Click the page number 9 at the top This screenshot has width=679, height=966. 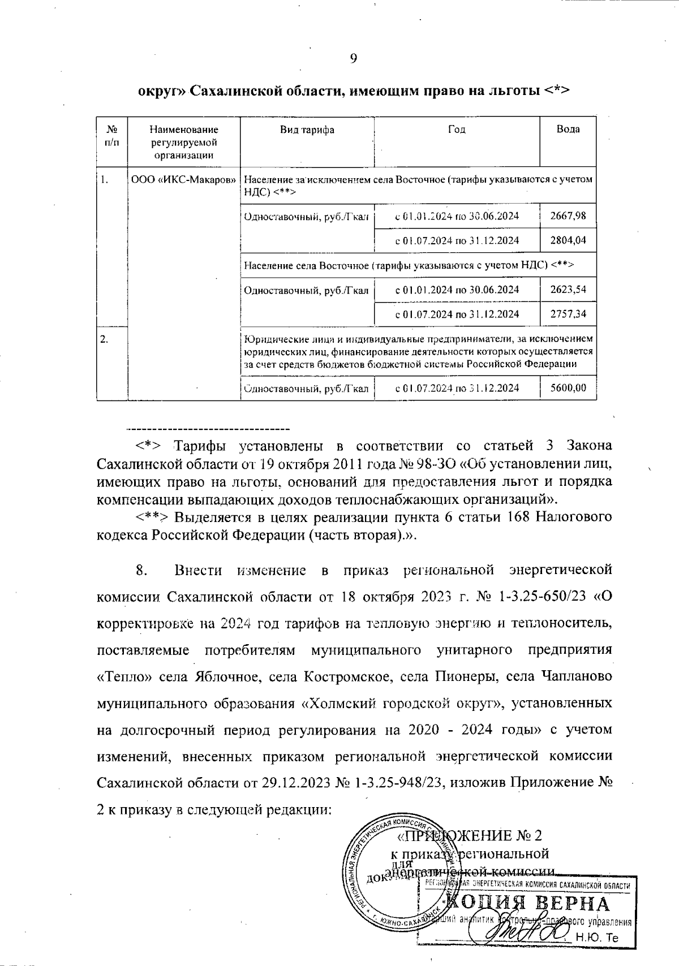click(x=353, y=58)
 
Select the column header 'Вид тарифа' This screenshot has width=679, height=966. click(x=307, y=130)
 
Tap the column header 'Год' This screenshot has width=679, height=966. click(x=457, y=130)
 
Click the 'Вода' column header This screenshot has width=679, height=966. click(x=568, y=130)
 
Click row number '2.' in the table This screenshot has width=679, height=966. click(x=104, y=339)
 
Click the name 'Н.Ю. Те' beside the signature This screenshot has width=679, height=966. click(x=598, y=937)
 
